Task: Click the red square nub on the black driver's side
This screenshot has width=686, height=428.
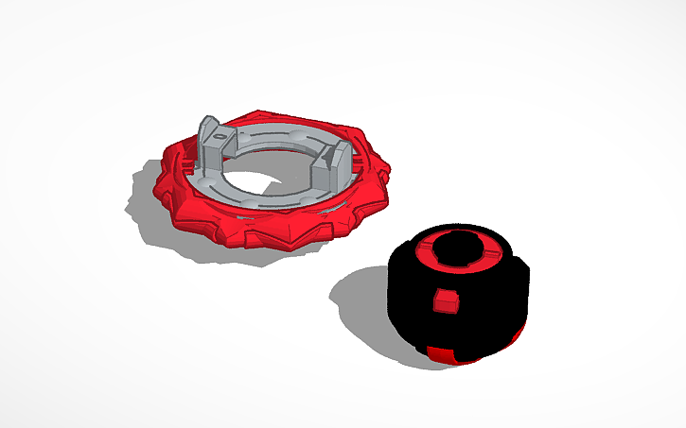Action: pos(442,301)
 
